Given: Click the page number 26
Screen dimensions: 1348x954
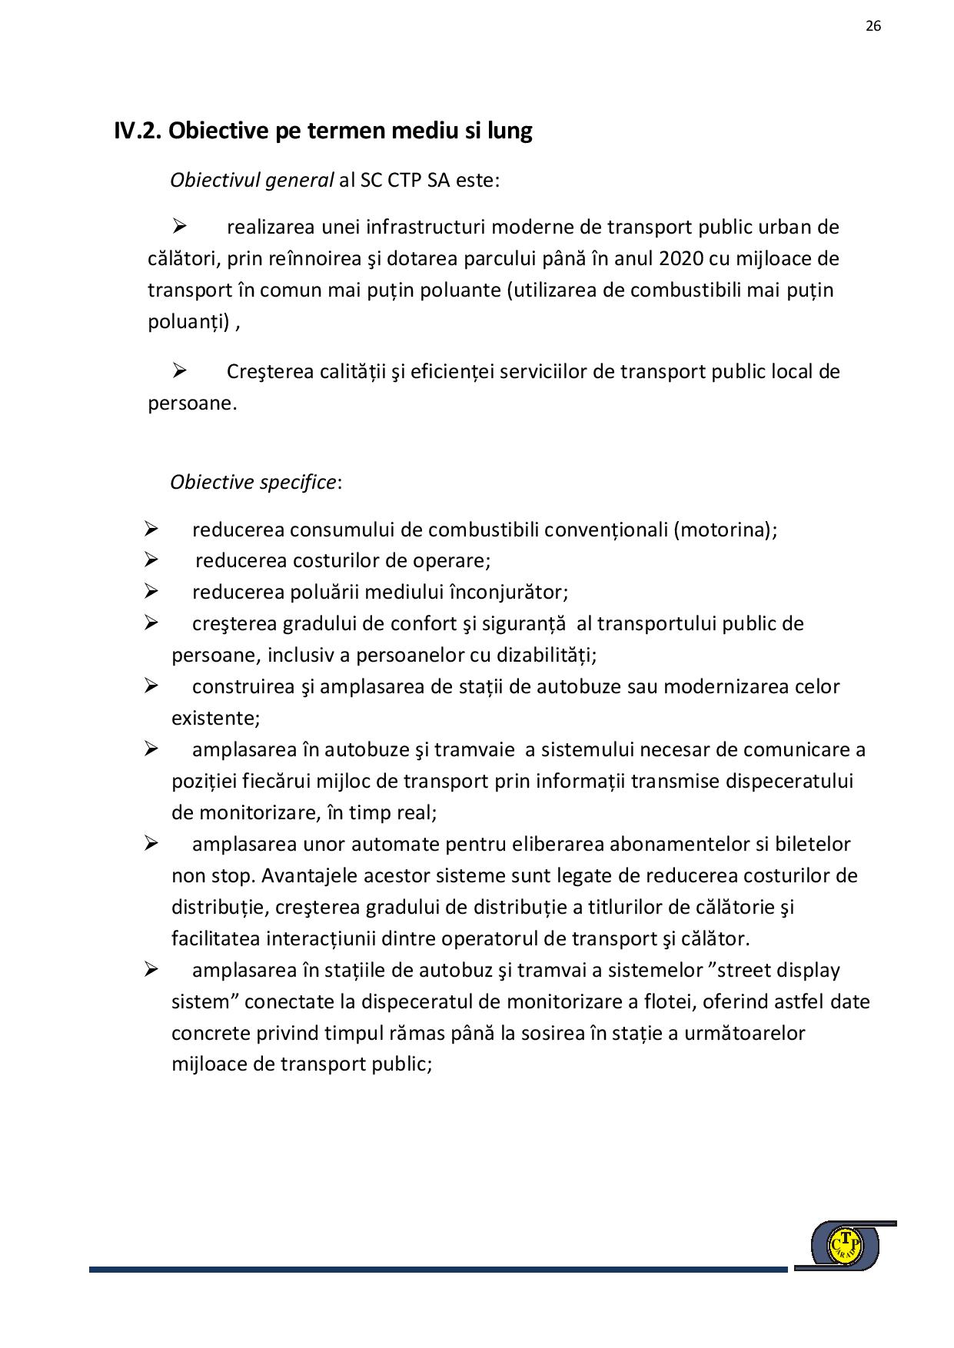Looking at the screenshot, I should [873, 26].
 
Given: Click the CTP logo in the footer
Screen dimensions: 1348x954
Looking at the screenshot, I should [845, 1244].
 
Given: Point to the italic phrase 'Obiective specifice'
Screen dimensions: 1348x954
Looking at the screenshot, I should [253, 482].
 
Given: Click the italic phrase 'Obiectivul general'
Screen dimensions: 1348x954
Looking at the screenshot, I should [252, 180].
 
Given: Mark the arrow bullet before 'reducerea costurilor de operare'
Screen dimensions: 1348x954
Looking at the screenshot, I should [151, 560].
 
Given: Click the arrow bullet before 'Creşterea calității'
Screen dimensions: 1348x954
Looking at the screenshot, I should [180, 371].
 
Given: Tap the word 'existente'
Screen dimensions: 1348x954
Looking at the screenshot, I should [214, 718].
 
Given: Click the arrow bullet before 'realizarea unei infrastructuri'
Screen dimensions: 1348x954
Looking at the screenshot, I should [180, 227].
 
